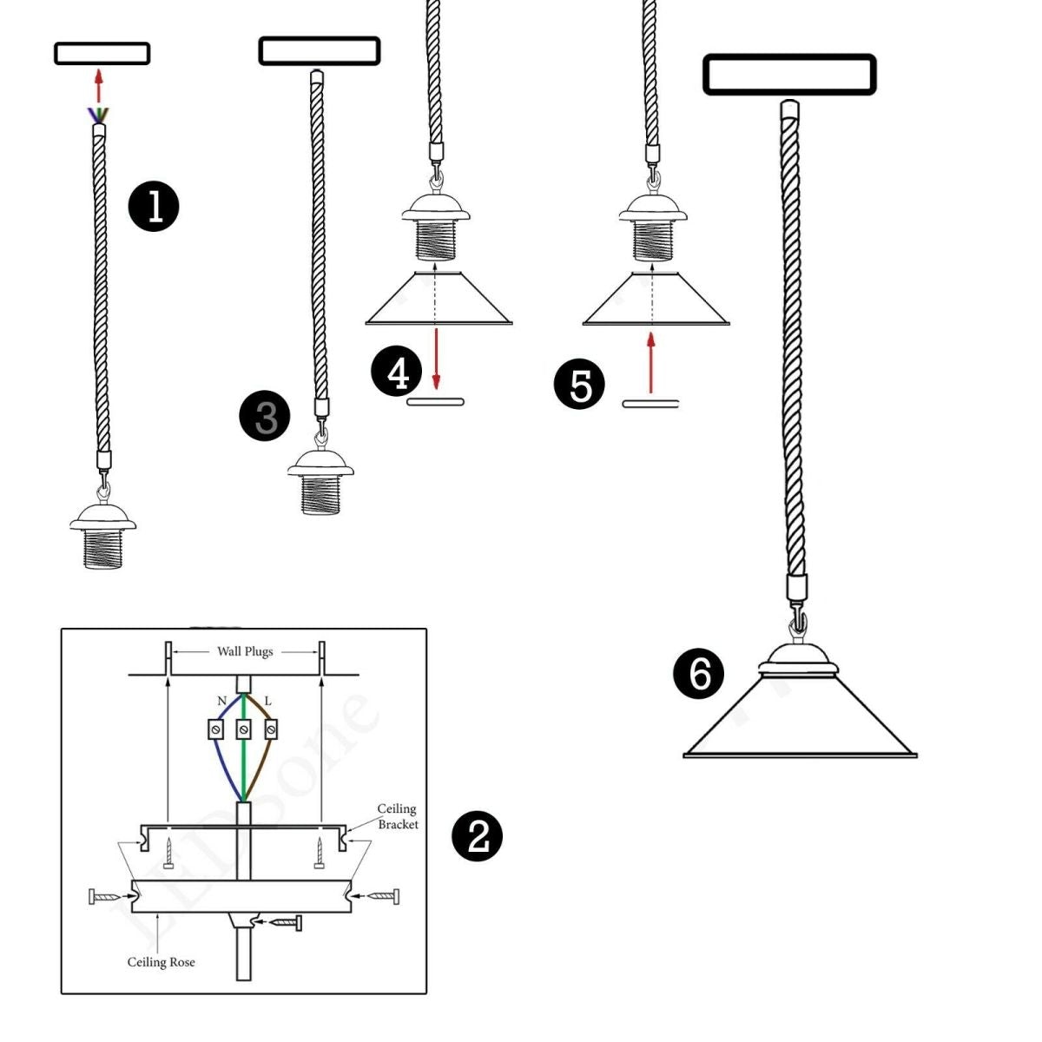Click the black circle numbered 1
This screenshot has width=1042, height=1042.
[154, 207]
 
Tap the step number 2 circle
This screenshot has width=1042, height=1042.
[478, 836]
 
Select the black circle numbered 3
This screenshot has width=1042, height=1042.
[265, 416]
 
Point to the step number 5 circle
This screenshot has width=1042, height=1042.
[579, 384]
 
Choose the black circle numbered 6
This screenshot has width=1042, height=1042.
[699, 674]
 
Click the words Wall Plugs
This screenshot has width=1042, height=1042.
[245, 651]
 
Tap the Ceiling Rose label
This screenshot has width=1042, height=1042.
[161, 962]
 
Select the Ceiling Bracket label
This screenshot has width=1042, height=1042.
[397, 816]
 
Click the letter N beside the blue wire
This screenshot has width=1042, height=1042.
[221, 701]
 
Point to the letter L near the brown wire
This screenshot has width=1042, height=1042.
[267, 701]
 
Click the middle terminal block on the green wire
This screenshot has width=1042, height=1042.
[244, 729]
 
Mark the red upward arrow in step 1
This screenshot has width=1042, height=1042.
[99, 87]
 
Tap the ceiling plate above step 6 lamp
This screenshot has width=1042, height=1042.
[788, 75]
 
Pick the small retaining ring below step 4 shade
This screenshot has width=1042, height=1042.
[436, 401]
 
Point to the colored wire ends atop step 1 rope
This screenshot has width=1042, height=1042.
[99, 115]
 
